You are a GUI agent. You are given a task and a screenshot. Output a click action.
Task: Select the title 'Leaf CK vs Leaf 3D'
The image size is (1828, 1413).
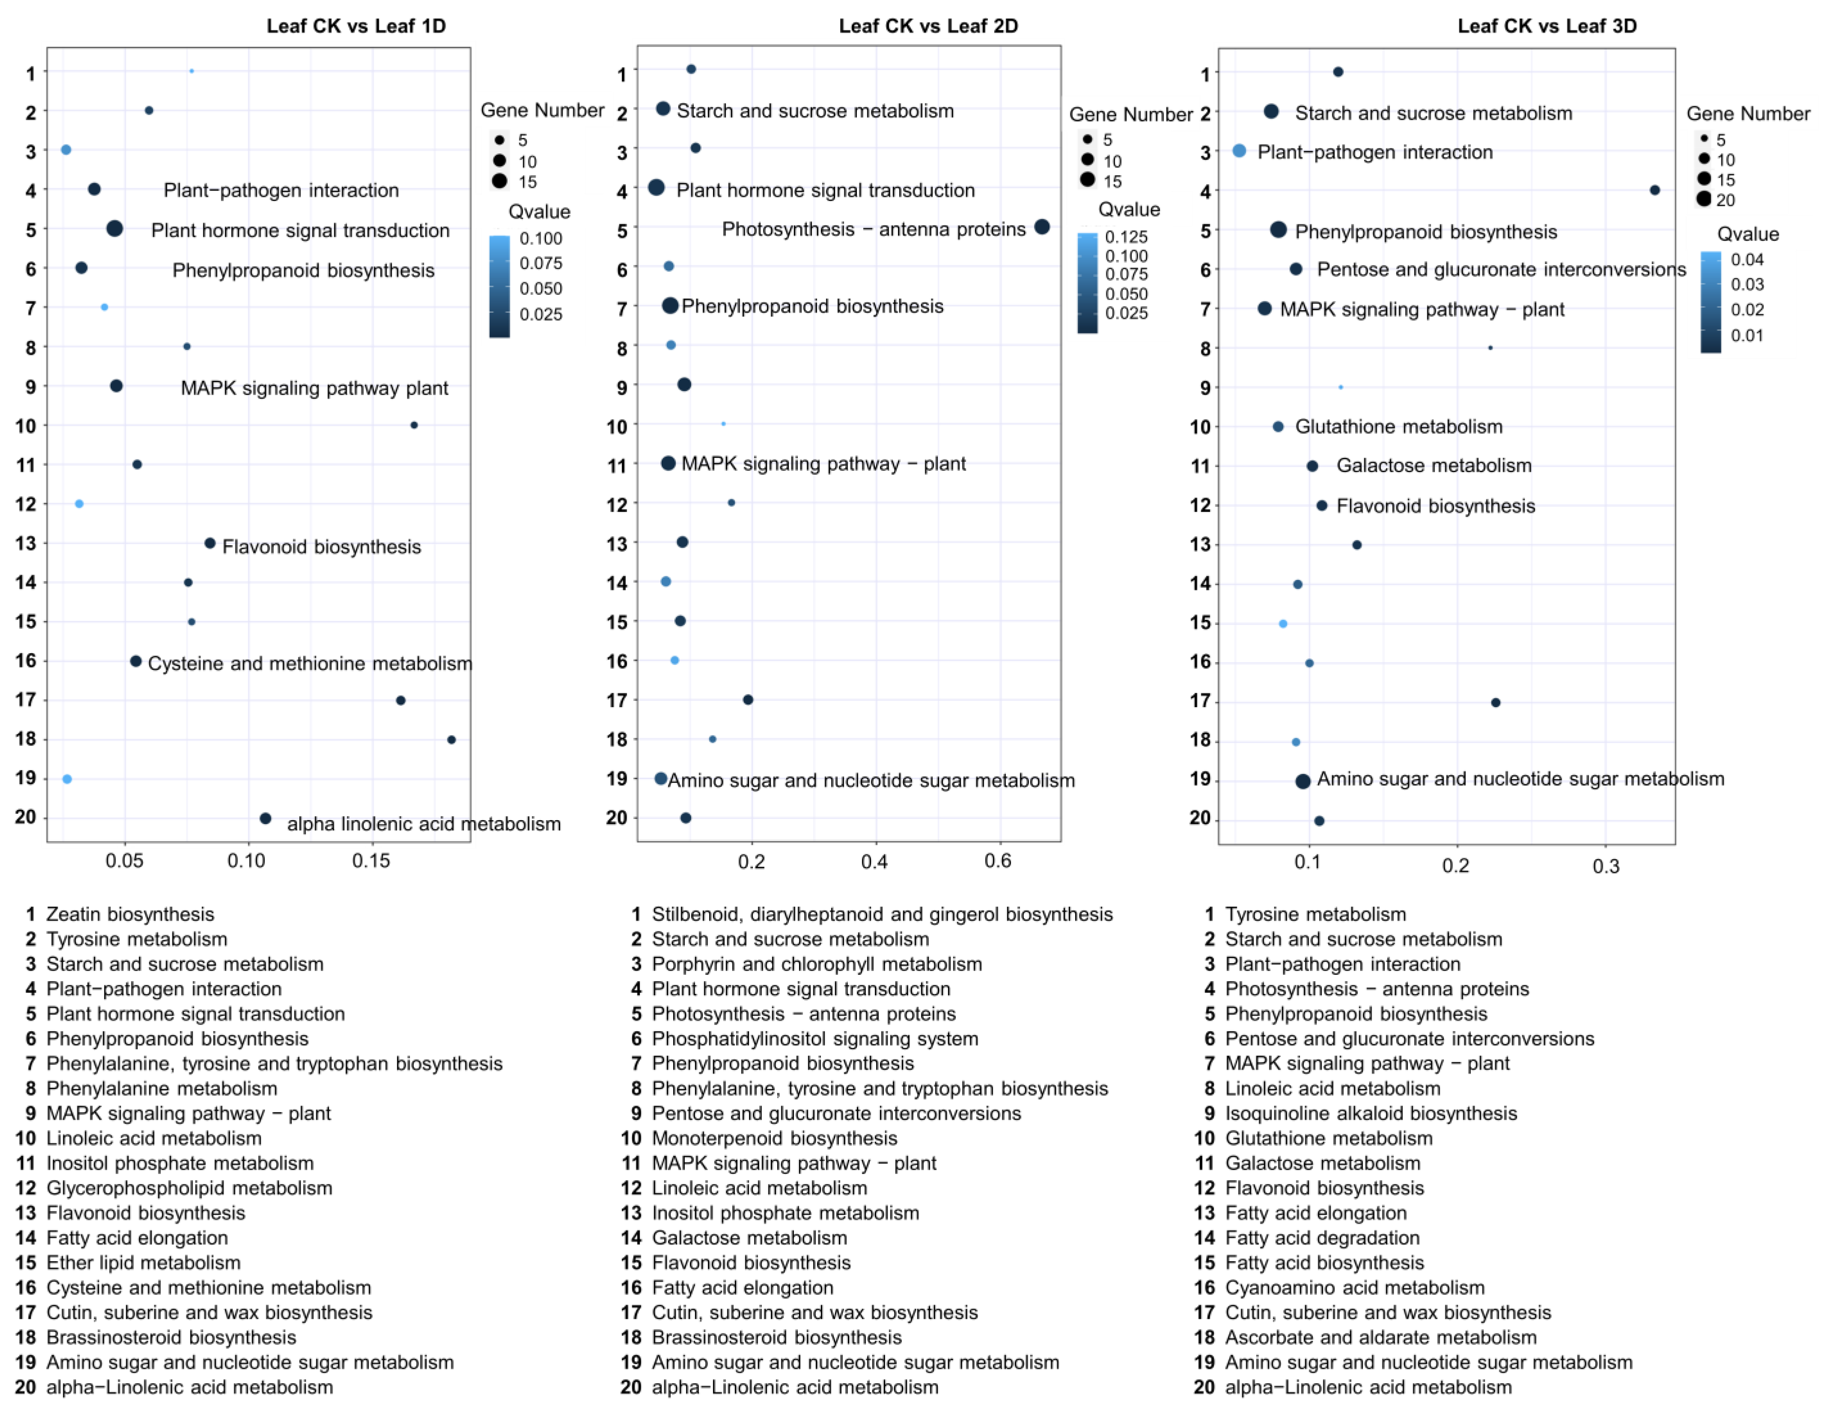point(1547,26)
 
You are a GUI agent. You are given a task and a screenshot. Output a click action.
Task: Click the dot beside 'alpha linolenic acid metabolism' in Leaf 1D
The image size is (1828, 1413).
point(265,819)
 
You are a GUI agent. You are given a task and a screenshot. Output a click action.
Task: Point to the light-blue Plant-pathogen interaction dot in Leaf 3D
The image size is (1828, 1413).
point(1239,151)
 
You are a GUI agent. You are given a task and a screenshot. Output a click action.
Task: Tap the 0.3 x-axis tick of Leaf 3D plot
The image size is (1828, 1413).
point(1605,866)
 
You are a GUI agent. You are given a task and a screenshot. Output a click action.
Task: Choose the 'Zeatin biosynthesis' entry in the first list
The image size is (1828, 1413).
point(130,914)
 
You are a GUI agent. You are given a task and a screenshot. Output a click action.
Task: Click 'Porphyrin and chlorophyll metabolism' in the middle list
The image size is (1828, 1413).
point(816,964)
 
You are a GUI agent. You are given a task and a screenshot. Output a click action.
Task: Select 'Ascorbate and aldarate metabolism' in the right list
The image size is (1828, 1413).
point(1380,1338)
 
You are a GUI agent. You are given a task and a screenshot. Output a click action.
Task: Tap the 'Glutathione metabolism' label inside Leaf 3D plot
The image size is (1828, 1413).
point(1399,427)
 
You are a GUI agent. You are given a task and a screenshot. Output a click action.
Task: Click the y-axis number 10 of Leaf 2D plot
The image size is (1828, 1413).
point(617,427)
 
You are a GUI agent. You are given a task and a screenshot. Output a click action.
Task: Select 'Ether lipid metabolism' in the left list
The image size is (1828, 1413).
point(143,1263)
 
